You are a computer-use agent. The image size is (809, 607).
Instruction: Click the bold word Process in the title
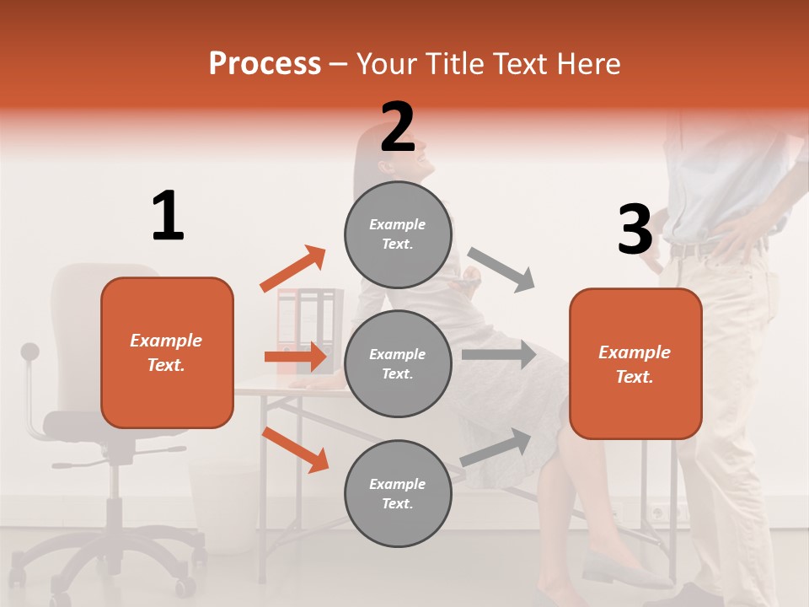pos(265,63)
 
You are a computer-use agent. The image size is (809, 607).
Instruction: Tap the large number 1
pos(168,216)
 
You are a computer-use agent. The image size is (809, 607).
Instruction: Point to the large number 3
pos(635,229)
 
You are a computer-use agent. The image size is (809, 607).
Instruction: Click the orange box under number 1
pos(167,352)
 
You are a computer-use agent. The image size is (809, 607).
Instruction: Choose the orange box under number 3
pos(635,363)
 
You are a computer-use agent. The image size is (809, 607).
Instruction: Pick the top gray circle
pos(398,234)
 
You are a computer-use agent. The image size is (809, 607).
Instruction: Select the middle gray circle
pos(398,363)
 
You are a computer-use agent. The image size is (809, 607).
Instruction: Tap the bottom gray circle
pos(398,493)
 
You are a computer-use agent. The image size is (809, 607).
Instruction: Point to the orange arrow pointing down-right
pos(295,449)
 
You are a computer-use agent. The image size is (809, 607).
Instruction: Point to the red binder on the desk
pos(289,329)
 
